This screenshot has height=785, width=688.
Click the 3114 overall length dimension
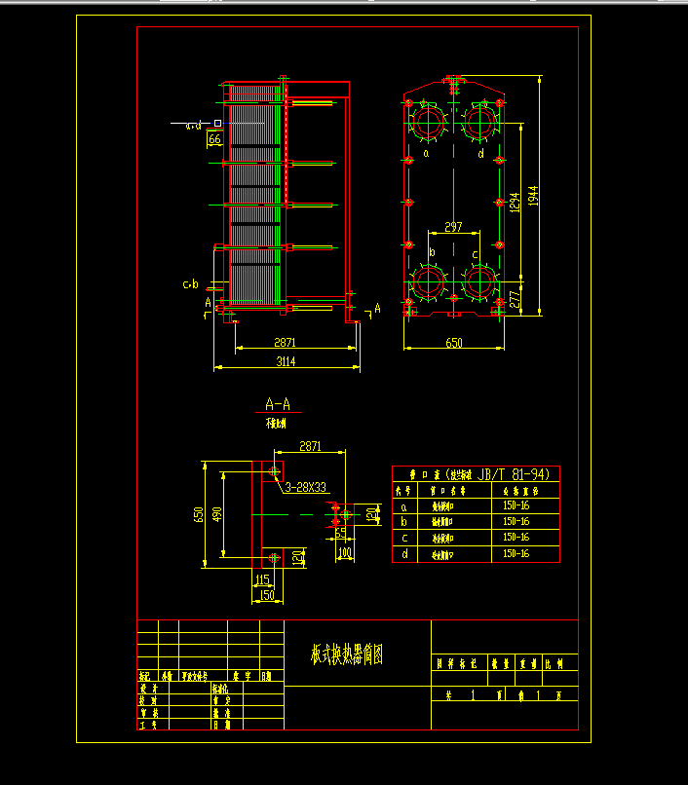[x=286, y=361]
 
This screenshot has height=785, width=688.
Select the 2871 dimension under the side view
[x=285, y=343]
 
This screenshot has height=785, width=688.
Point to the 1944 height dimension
[x=532, y=195]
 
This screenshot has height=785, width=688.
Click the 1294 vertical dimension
[x=514, y=202]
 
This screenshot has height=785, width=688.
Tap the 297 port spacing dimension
[x=453, y=227]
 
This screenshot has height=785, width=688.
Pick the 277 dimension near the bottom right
[x=514, y=299]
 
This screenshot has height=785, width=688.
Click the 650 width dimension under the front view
[x=454, y=343]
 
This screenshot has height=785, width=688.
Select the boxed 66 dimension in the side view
[x=214, y=139]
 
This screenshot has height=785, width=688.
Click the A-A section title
[x=278, y=403]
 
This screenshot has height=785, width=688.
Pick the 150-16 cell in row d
[x=516, y=553]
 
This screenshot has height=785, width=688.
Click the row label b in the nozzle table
[x=402, y=522]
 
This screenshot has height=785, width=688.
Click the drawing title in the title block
[x=347, y=654]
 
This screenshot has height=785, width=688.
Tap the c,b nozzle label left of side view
[x=191, y=284]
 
